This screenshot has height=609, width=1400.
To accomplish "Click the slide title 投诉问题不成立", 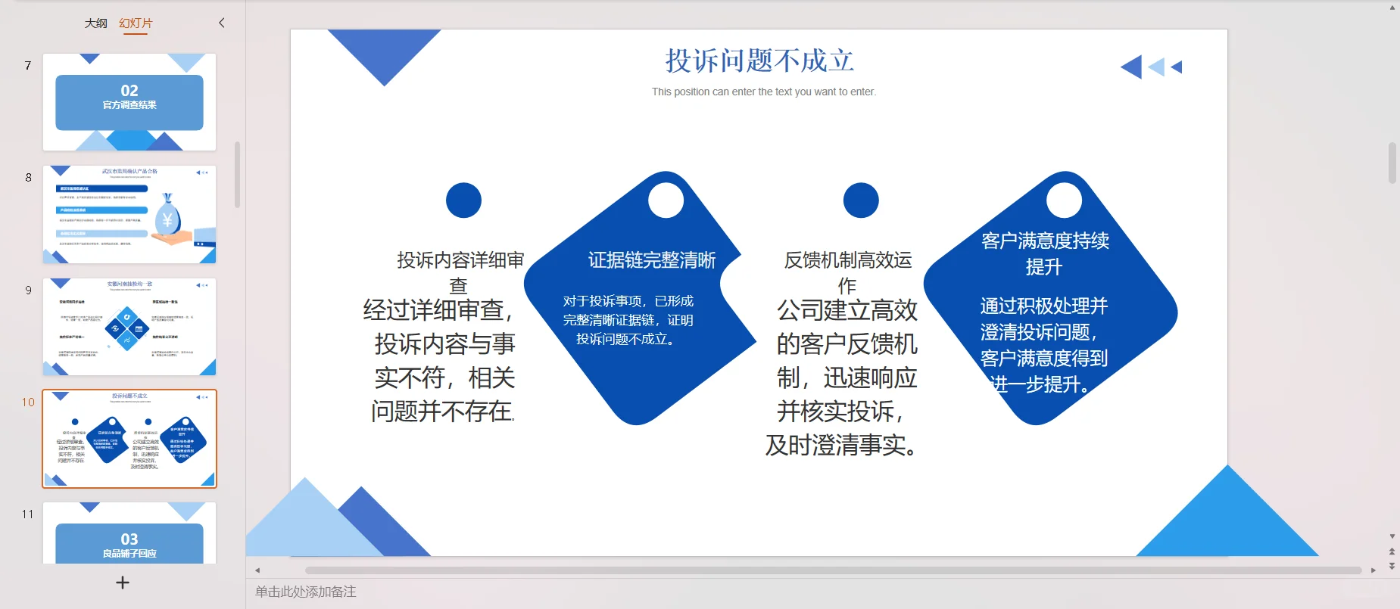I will click(759, 61).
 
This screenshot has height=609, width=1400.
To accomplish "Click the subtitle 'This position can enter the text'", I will click(763, 92).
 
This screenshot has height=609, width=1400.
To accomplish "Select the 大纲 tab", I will click(95, 23).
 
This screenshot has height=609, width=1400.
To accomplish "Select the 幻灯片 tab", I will click(136, 23).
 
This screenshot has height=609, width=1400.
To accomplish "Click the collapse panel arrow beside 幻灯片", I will click(222, 23).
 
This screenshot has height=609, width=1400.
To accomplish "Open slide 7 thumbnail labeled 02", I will click(129, 102).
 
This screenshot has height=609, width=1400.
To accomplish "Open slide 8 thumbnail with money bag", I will click(129, 215).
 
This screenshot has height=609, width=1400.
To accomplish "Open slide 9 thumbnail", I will click(129, 327).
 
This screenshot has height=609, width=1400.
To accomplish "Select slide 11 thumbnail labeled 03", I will click(129, 534).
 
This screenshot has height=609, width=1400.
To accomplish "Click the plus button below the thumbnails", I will click(123, 583).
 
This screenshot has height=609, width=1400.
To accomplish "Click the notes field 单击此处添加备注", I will click(306, 592).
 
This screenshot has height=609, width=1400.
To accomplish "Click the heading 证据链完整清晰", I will click(651, 260).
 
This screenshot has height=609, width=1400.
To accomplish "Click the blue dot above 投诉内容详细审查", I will click(463, 200).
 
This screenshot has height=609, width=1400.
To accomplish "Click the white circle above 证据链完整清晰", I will click(666, 200).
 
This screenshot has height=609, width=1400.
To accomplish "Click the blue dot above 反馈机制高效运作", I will click(861, 200).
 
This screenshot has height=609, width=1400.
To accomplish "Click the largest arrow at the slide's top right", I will click(1132, 67).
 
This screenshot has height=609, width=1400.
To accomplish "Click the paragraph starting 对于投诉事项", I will click(628, 320).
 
